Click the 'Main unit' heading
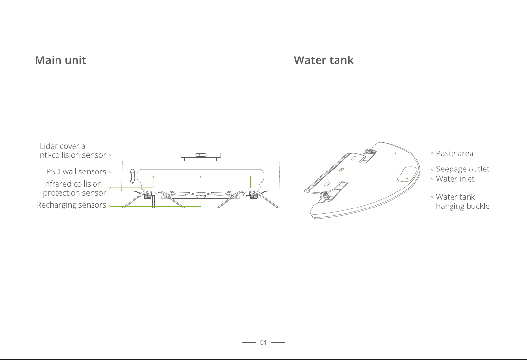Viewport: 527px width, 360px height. click(x=60, y=60)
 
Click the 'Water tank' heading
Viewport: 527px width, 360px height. click(x=323, y=60)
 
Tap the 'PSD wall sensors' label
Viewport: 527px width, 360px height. click(x=76, y=171)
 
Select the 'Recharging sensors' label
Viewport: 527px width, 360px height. click(x=71, y=205)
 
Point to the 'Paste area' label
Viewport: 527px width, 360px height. click(x=454, y=153)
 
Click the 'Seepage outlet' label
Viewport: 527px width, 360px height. click(x=462, y=169)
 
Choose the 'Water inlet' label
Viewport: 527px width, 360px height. click(x=455, y=179)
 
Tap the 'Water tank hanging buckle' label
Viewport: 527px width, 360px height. click(x=462, y=201)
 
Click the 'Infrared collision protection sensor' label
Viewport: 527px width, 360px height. click(x=74, y=188)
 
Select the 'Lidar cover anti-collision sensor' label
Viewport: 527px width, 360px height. click(x=72, y=151)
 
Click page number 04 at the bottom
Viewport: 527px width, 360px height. click(x=263, y=343)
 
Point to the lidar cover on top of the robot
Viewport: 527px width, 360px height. click(x=200, y=155)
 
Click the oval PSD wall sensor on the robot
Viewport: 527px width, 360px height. click(x=132, y=176)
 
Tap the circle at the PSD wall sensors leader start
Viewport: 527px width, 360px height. click(x=111, y=172)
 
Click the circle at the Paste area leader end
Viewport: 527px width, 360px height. click(x=433, y=153)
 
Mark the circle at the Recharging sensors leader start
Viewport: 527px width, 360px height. click(x=111, y=206)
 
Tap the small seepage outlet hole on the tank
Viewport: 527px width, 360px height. click(x=342, y=170)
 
